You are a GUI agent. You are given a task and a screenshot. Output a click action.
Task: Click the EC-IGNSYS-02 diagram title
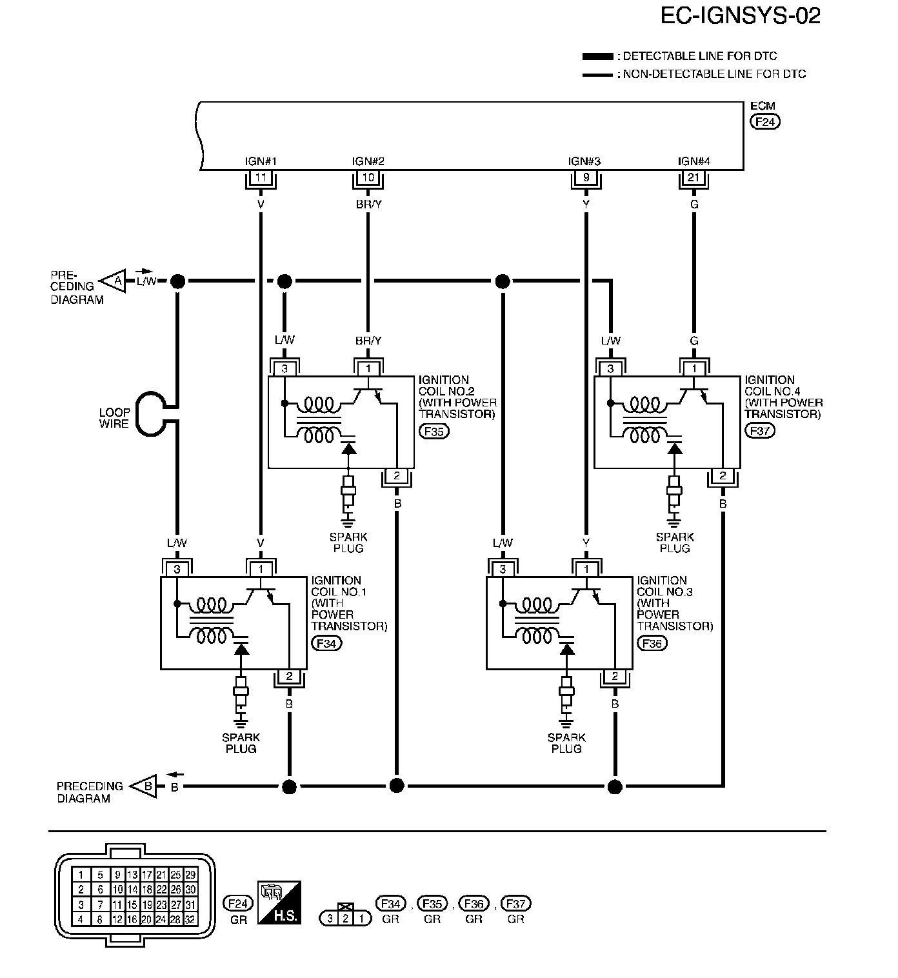coord(740,15)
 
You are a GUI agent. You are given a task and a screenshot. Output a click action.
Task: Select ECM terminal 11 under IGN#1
coord(261,177)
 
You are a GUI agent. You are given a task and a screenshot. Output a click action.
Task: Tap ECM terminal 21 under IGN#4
coord(694,177)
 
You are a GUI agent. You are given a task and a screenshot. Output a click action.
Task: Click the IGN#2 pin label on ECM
coord(368,161)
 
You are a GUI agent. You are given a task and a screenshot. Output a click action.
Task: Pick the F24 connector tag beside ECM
coord(765,121)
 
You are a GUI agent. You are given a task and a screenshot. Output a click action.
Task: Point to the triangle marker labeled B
coord(146,786)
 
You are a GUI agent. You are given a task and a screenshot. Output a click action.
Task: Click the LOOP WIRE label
coord(114,418)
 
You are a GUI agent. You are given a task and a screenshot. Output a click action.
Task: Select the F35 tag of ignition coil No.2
coord(434,431)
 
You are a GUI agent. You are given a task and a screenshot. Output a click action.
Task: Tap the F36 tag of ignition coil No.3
coord(652,643)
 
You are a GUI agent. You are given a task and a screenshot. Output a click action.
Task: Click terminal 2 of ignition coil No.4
coord(723,476)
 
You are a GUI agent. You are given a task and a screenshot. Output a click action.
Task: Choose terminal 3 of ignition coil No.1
coord(177,570)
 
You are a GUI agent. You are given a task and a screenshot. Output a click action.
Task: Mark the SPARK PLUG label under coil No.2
coord(348,543)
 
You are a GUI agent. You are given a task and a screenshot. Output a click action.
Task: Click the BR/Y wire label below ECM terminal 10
coord(368,205)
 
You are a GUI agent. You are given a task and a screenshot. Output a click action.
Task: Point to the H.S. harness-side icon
coord(279,902)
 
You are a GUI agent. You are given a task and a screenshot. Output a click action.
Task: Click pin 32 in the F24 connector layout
coord(190,920)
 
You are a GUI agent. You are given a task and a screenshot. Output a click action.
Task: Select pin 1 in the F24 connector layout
coord(81,875)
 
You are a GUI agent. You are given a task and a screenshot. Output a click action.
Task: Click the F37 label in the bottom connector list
coord(515,904)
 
